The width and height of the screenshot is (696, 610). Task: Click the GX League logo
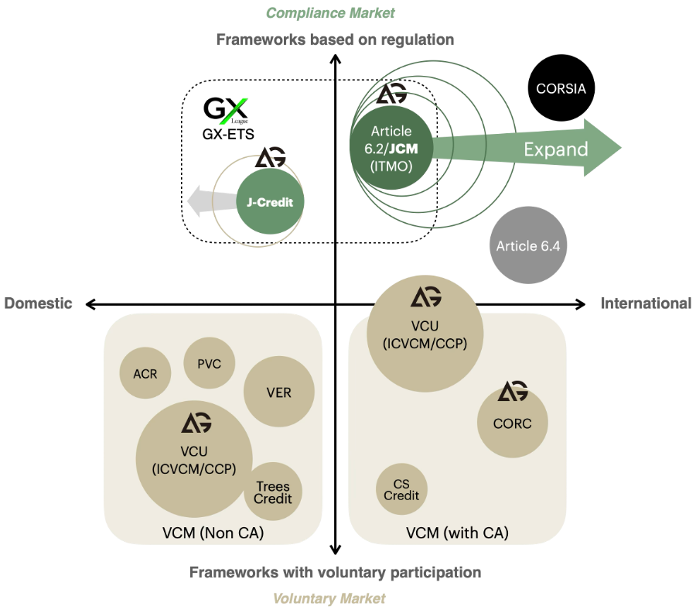coord(227,110)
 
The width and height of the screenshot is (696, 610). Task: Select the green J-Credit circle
coord(270,203)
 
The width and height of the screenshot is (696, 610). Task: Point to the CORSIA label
coord(561,89)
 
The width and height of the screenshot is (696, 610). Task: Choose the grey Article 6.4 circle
coord(528,246)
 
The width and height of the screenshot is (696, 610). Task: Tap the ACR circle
coord(145,374)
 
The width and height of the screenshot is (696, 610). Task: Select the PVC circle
coord(209,364)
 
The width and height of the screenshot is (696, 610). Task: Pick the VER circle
coord(278,392)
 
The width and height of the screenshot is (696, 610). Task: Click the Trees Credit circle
coord(272,492)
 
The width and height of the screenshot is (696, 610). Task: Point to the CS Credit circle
coord(401,490)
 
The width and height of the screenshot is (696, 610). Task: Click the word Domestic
coord(39,303)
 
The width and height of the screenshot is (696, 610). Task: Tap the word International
coord(646,303)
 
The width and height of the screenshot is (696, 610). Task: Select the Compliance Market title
coord(330,12)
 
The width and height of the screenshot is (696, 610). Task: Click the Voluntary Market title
coord(329,598)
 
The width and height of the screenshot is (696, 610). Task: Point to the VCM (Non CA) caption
coord(213,533)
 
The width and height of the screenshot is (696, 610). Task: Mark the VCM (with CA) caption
coord(457,533)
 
